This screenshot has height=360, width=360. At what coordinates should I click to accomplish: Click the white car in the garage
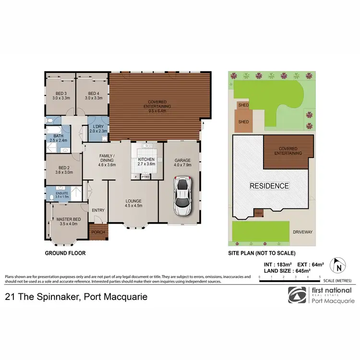[x=183, y=195]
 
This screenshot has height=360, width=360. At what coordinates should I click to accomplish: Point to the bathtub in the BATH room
[x=53, y=130]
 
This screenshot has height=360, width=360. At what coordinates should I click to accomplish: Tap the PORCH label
[x=98, y=232]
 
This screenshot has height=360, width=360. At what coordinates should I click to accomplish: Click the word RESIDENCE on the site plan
[x=269, y=186]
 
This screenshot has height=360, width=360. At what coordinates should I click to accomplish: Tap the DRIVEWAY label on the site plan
[x=302, y=232]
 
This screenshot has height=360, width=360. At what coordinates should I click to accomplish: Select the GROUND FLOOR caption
[x=65, y=253]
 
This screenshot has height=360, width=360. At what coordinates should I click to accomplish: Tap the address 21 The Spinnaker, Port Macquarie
[x=76, y=297]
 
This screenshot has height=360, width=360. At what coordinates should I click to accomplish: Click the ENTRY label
[x=98, y=209]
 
